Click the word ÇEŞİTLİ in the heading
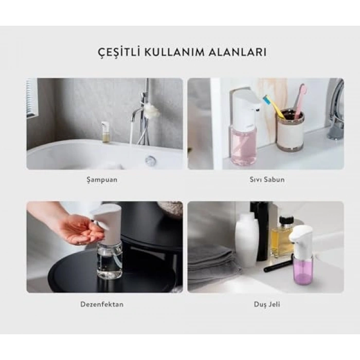coord(116,52)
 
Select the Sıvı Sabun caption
coord(265,179)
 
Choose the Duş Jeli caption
coord(265,304)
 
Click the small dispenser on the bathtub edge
coord(105,132)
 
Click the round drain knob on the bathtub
coord(150,161)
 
